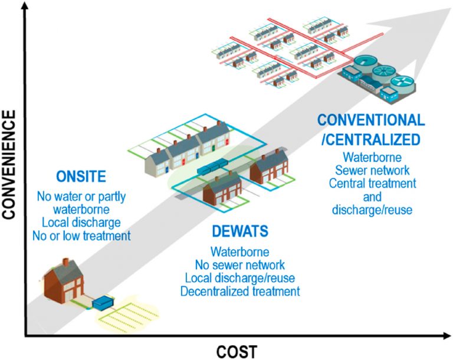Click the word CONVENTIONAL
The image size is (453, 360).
[370, 121]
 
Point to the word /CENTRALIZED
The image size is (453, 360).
[370, 140]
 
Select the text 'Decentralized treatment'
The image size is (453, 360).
[240, 291]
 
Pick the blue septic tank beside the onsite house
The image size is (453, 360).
[104, 302]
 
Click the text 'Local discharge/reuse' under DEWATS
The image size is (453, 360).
[240, 277]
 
